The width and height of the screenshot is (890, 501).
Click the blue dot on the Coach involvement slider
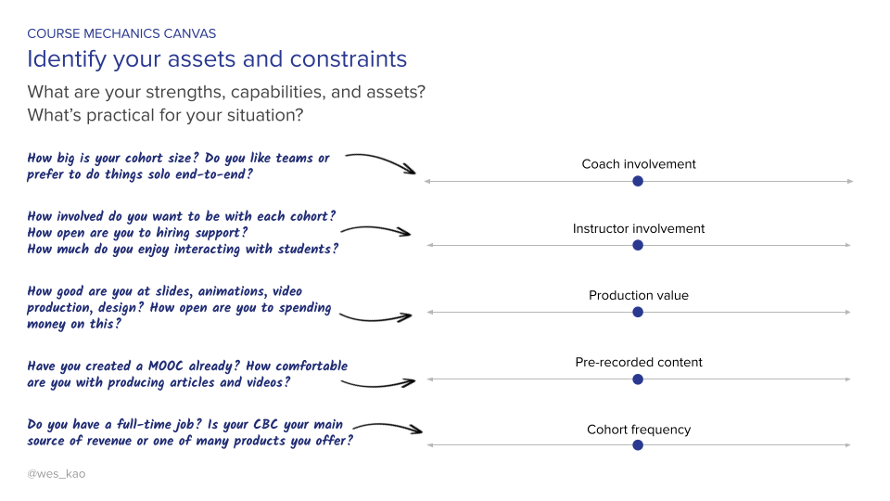[637, 181]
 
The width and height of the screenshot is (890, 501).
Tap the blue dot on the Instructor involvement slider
[637, 245]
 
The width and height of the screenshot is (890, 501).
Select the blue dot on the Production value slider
[637, 312]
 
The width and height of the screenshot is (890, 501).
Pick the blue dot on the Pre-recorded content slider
[637, 379]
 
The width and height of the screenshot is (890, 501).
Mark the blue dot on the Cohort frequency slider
[637, 445]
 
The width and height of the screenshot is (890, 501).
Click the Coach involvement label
[638, 164]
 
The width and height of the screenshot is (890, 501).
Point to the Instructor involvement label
[638, 228]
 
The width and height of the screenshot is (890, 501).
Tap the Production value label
[638, 295]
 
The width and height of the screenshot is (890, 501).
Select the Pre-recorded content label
[638, 362]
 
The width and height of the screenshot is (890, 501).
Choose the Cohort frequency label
[638, 430]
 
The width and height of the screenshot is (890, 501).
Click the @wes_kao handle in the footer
[57, 473]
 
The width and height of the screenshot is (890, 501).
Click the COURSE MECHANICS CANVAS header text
[121, 33]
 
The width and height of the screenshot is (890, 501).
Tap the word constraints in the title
[348, 59]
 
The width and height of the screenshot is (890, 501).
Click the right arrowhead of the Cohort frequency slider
[846, 445]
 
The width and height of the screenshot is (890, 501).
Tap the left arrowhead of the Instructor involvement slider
[428, 245]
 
